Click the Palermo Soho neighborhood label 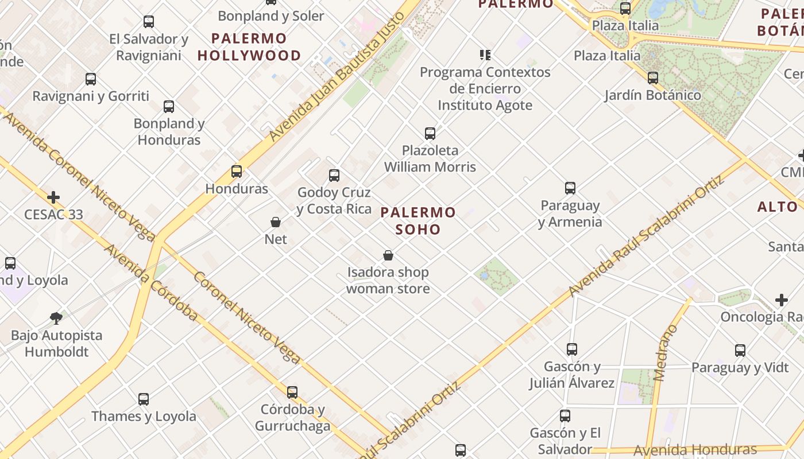(418, 221)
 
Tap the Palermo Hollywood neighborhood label (249, 47)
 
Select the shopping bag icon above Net (276, 222)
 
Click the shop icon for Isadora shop (388, 255)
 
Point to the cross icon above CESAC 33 (53, 198)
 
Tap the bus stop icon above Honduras (237, 171)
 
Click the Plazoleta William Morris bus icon (430, 134)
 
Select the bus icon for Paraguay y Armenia (570, 188)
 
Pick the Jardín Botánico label (652, 95)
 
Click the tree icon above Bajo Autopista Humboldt (56, 318)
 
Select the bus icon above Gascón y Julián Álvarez (572, 349)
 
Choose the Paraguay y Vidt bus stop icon (740, 350)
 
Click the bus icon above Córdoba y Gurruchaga (292, 392)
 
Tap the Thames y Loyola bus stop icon (144, 399)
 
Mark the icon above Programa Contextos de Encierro (485, 55)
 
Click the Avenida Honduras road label (695, 449)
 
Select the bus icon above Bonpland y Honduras (169, 106)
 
